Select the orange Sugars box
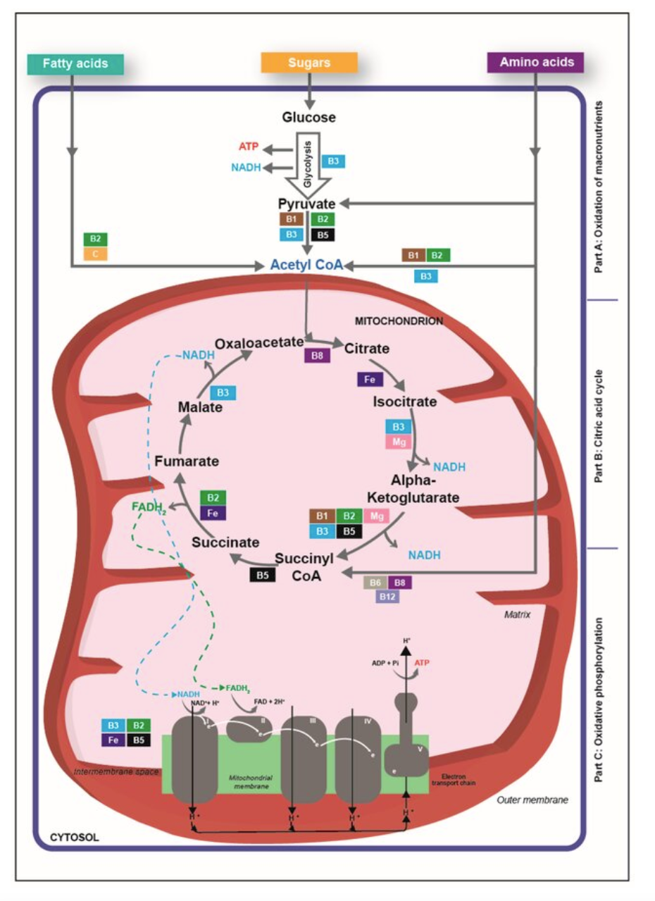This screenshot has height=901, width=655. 308,63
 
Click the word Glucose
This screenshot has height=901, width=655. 308,117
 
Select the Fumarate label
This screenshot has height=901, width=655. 186,461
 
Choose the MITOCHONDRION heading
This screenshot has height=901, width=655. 399,321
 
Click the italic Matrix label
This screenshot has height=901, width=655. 516,614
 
